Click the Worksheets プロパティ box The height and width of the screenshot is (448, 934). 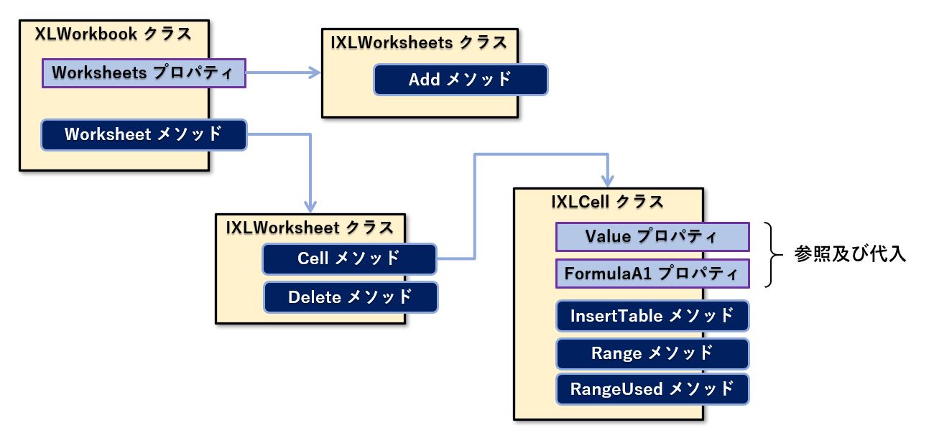click(144, 73)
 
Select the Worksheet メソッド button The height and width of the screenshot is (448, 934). click(144, 135)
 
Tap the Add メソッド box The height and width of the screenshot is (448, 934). click(461, 80)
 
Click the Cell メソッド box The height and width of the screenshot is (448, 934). click(349, 258)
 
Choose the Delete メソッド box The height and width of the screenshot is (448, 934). click(351, 297)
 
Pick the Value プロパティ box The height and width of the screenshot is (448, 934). click(652, 236)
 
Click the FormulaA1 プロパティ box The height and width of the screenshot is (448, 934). click(652, 274)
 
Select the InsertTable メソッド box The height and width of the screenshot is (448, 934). click(652, 315)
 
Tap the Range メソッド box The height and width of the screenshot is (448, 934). click(652, 353)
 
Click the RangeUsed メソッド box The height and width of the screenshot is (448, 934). click(652, 389)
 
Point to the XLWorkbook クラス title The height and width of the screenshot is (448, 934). click(114, 34)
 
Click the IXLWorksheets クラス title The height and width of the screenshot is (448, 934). click(419, 42)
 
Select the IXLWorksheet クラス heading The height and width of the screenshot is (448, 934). click(310, 228)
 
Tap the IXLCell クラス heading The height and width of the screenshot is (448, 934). click(607, 202)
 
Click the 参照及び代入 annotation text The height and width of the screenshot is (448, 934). click(850, 255)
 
